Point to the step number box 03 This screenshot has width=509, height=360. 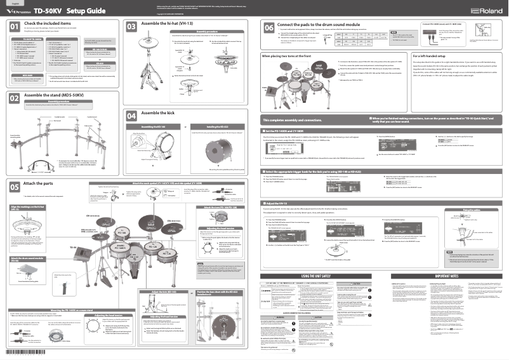tap(131, 27)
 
